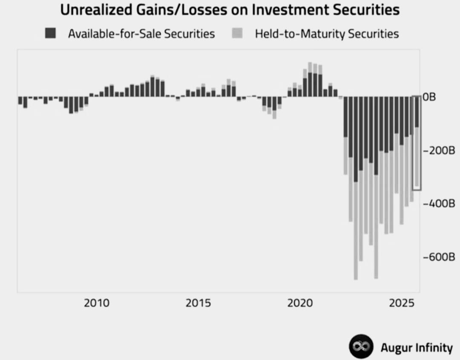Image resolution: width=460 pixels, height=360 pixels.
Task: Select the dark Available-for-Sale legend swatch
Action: click(50, 33)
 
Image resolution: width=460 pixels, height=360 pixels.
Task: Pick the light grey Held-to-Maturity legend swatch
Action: click(237, 33)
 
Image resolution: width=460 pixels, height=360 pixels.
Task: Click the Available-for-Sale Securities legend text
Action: click(141, 33)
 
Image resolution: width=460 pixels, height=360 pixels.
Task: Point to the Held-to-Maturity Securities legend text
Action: click(327, 33)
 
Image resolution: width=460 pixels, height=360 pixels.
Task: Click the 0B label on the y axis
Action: click(429, 98)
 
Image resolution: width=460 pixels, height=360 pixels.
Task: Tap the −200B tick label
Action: click(439, 151)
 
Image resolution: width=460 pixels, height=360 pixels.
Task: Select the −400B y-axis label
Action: click(439, 204)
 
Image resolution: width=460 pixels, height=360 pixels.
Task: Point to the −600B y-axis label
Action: click(439, 257)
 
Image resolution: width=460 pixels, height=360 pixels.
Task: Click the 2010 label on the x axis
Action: click(96, 303)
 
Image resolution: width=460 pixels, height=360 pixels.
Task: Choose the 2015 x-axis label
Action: click(198, 303)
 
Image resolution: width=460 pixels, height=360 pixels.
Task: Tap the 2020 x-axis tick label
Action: click(300, 303)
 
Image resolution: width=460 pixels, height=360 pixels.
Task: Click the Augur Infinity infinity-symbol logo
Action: click(361, 347)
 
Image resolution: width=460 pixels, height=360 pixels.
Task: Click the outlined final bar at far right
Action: click(417, 143)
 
